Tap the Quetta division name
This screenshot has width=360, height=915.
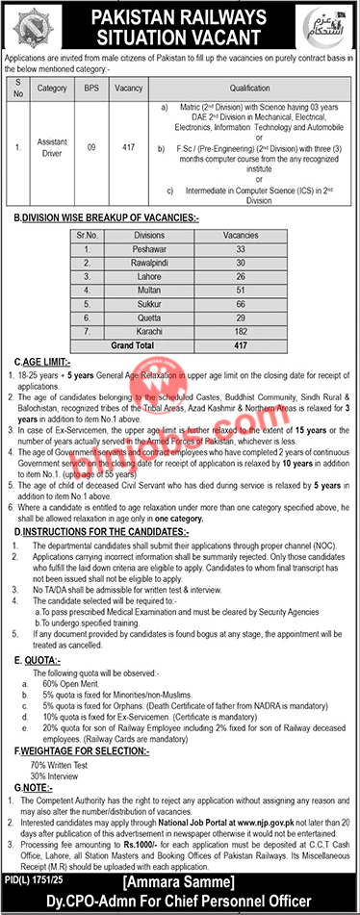click(149, 314)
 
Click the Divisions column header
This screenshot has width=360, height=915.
click(149, 234)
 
